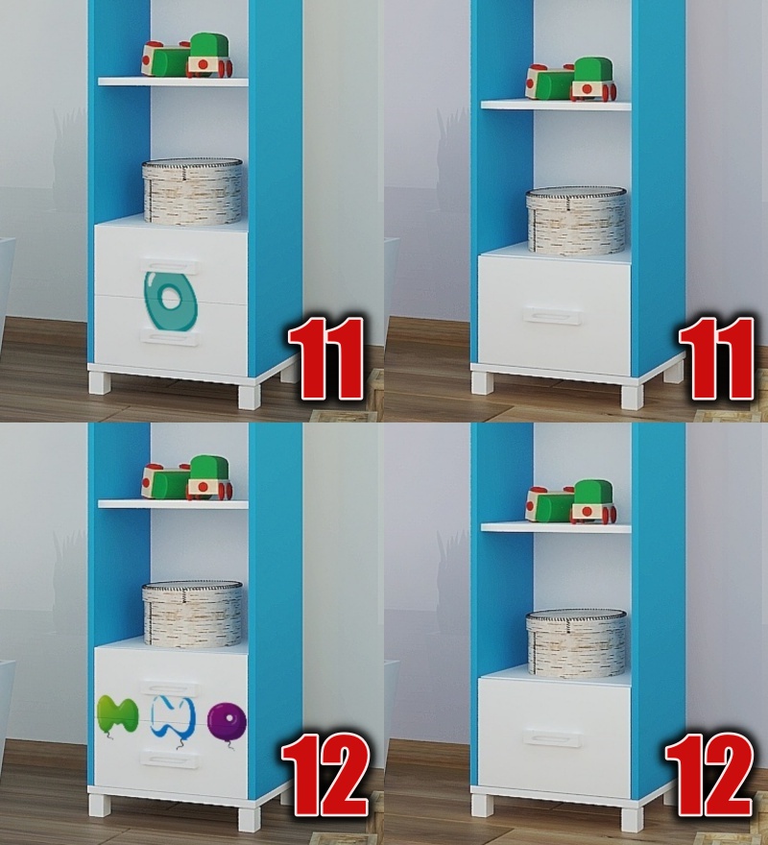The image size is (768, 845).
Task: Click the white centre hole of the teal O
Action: tap(171, 298)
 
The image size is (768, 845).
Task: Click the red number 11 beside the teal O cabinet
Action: tap(325, 358)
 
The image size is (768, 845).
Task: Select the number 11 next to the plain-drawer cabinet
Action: tap(716, 358)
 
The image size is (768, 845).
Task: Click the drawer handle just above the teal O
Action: tap(169, 266)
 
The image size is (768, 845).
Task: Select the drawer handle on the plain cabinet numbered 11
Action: tap(552, 317)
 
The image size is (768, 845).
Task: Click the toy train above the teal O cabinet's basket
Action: tap(187, 56)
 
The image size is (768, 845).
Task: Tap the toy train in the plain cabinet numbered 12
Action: tap(572, 502)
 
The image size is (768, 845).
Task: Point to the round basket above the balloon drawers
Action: tap(192, 614)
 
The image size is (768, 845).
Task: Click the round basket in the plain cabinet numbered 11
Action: tap(576, 221)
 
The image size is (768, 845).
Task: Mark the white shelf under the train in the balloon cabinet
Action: tap(173, 504)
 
